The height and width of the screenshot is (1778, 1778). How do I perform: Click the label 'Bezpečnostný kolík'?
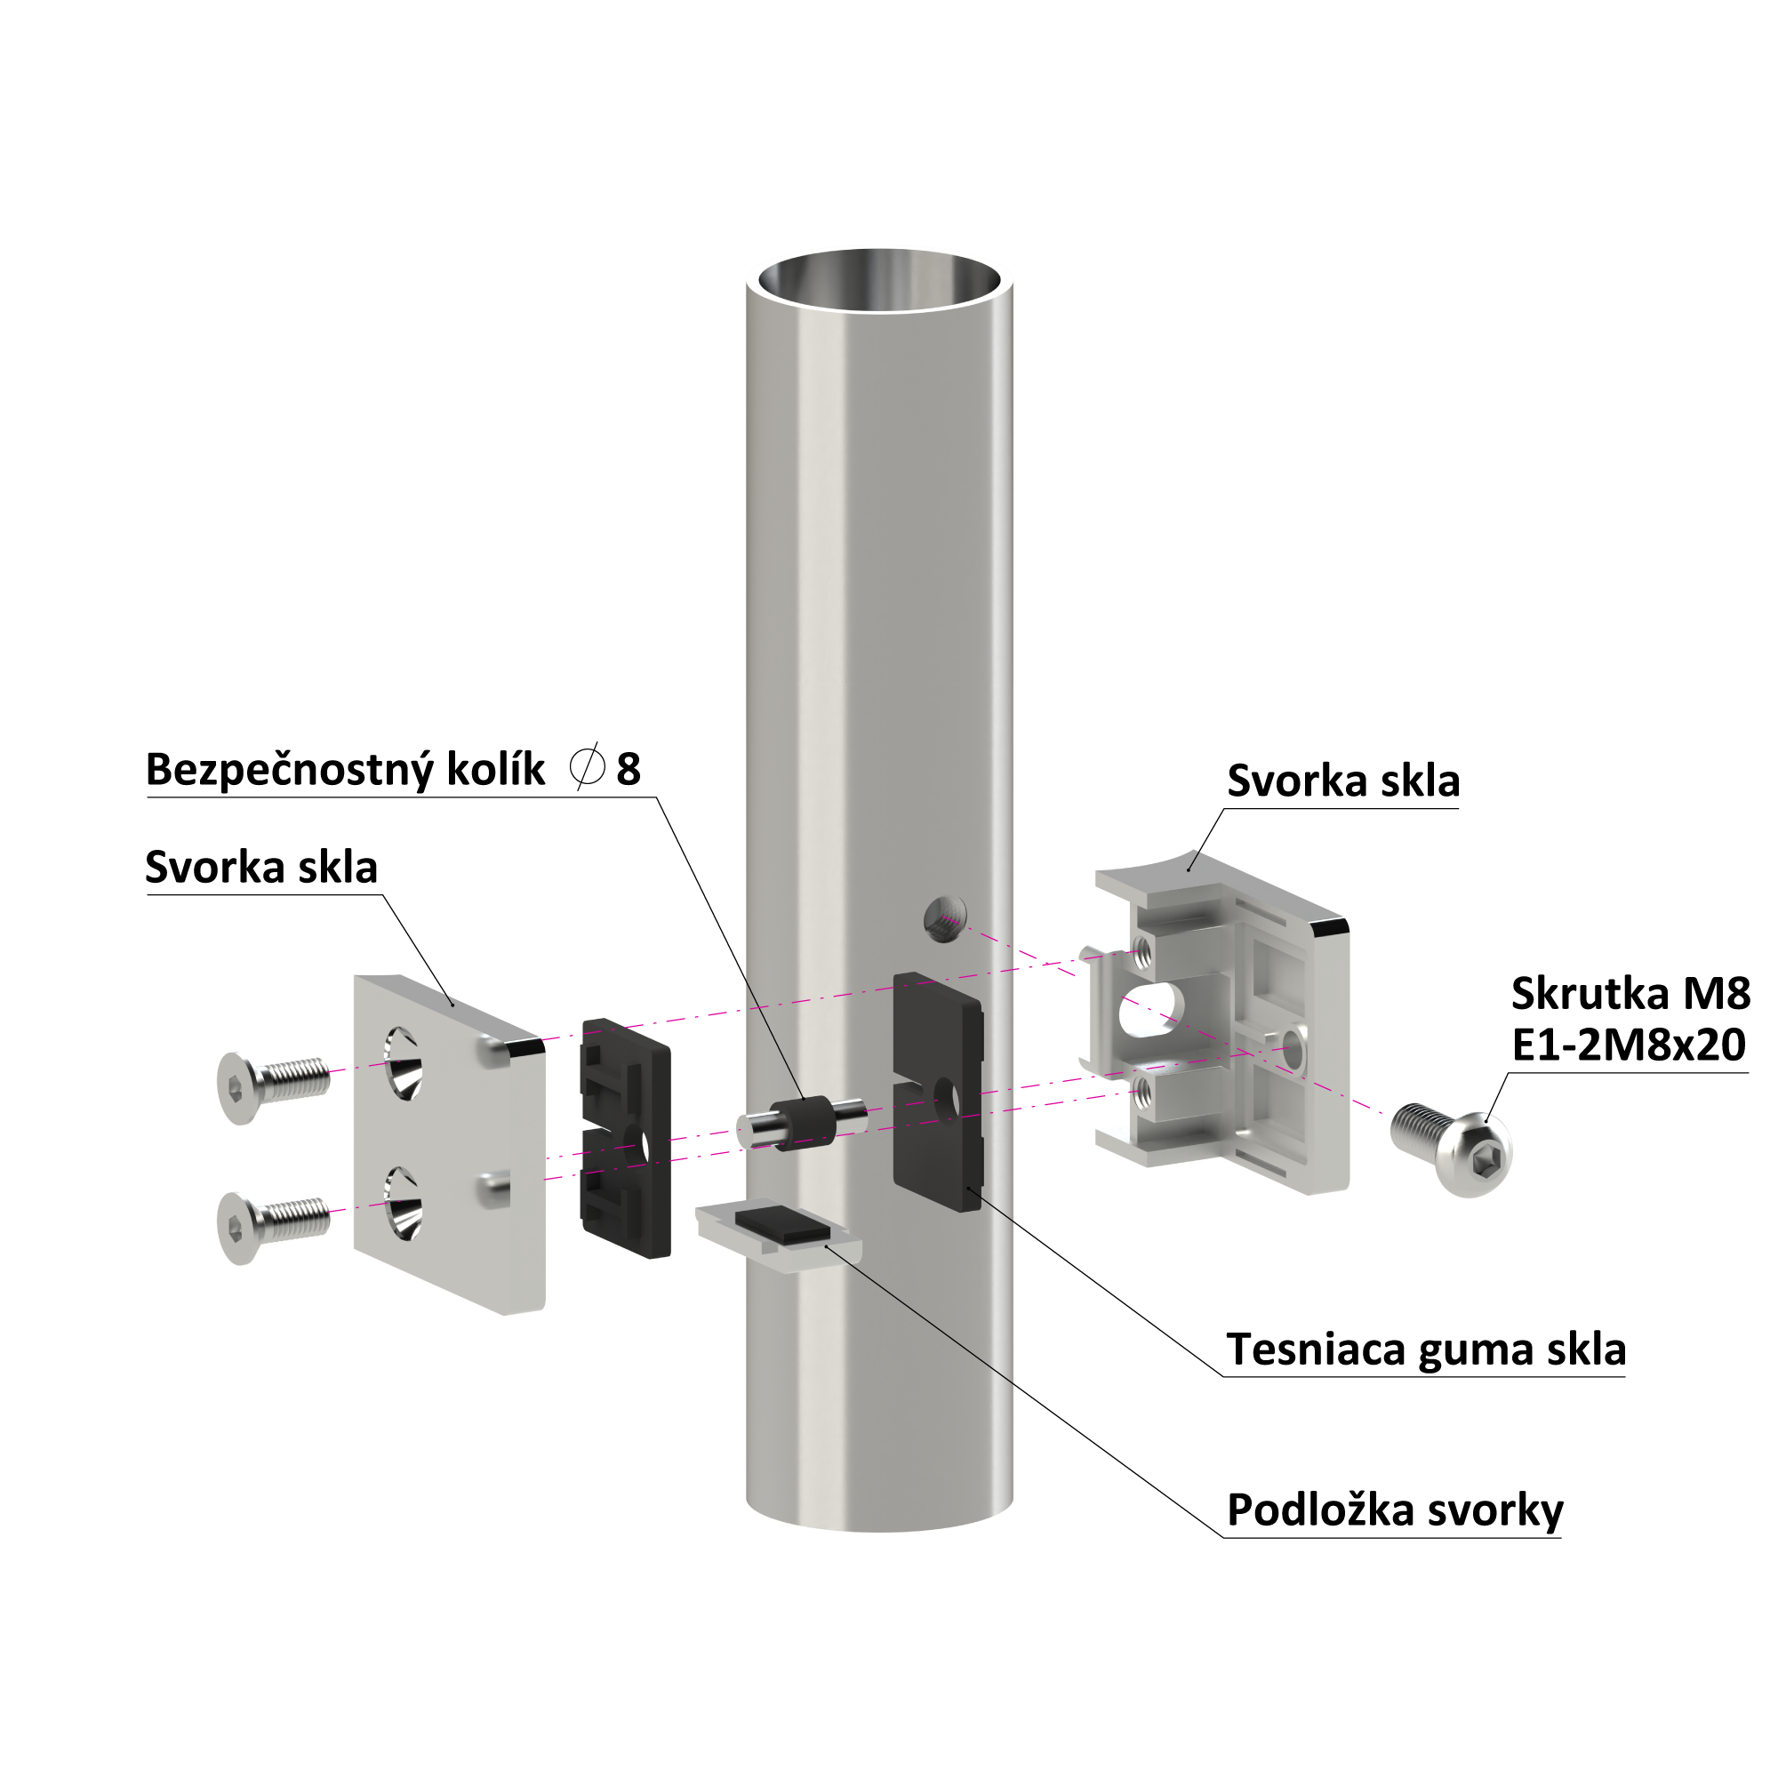345,769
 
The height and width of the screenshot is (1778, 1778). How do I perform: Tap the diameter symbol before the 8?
587,766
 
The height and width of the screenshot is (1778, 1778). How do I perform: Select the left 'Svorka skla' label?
261,867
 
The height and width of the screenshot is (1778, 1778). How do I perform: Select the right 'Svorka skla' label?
1342,781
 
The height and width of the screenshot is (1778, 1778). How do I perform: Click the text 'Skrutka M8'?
1630,993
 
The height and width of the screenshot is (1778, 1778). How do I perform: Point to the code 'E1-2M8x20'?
1629,1045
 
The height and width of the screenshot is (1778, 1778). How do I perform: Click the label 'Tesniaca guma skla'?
1426,1350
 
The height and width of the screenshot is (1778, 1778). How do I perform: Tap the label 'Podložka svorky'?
1394,1510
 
